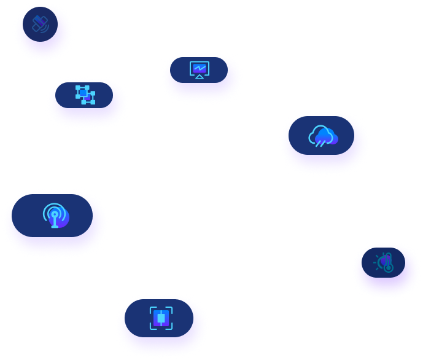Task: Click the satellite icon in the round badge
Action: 40,25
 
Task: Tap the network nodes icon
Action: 83,94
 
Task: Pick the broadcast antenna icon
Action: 55,215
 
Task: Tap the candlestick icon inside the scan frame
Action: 161,318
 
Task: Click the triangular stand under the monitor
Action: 199,77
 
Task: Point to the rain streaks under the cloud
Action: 320,144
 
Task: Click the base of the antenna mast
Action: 55,226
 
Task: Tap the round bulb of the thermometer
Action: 388,268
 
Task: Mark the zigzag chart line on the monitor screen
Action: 199,68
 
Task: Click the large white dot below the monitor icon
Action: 216,87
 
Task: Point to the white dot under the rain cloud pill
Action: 317,157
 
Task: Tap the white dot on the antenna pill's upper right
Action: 90,201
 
